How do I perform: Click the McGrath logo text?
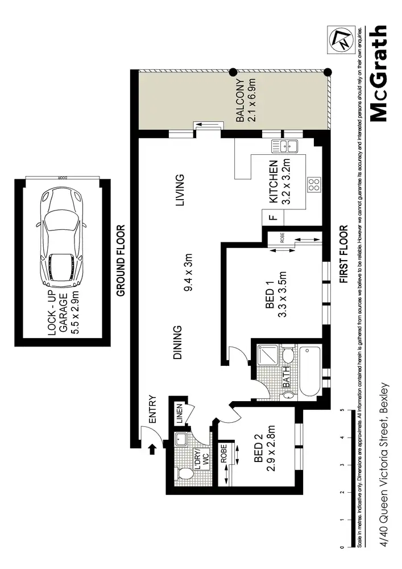pos(379,73)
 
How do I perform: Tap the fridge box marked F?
pos(271,217)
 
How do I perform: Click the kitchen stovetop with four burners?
pos(313,184)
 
